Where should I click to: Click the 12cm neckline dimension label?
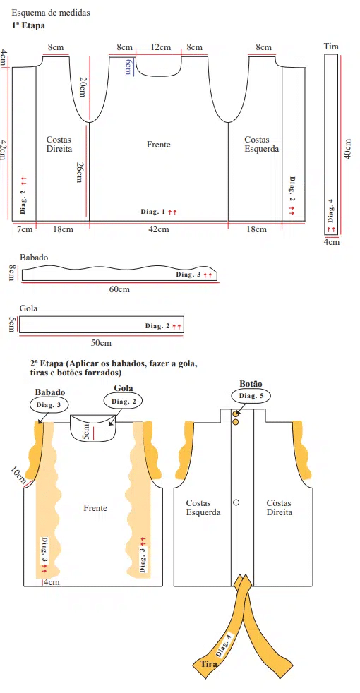160,47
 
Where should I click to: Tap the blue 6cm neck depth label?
128,66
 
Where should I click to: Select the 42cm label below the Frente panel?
159,229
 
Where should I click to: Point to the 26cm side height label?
80,172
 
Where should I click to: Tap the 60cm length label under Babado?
119,289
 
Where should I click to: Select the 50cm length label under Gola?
101,343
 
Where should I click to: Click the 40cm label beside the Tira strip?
348,149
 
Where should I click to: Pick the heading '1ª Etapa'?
28,25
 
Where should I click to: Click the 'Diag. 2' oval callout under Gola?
121,402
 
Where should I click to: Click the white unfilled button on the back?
236,502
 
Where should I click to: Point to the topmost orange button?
236,414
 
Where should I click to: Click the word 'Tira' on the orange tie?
209,664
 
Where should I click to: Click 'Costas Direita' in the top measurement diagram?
59,144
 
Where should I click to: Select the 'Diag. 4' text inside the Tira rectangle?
331,210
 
